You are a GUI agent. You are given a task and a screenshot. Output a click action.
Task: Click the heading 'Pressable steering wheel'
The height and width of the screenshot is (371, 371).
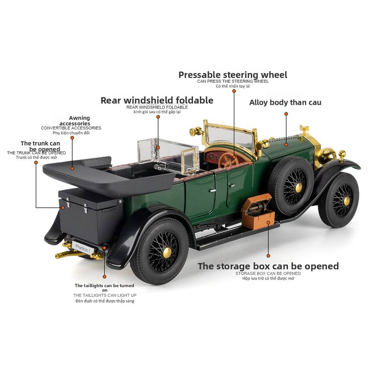tap(233, 75)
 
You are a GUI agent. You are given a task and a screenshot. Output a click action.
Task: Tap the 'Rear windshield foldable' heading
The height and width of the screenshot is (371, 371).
tap(157, 100)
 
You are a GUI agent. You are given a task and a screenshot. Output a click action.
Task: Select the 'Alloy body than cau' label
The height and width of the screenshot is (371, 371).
tap(285, 102)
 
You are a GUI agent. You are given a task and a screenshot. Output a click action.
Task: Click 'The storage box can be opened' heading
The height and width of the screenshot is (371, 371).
tap(268, 266)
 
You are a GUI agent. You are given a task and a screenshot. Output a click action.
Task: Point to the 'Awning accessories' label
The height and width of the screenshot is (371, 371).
tap(80, 121)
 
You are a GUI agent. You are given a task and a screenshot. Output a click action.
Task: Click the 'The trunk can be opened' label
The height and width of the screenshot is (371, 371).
tap(41, 146)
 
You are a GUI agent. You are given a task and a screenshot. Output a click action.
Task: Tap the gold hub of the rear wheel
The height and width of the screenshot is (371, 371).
tap(167, 252)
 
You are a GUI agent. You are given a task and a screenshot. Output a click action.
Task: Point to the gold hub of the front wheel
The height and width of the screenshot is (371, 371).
tap(346, 201)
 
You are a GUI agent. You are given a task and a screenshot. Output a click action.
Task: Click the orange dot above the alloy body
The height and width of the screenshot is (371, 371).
tap(286, 114)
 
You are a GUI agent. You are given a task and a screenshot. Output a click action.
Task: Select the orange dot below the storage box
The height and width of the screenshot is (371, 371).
tap(268, 255)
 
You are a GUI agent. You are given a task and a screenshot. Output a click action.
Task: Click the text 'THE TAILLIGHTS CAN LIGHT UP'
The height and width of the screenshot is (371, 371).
tap(105, 295)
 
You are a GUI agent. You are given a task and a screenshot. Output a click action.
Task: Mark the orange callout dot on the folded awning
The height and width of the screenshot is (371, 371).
tap(72, 168)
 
